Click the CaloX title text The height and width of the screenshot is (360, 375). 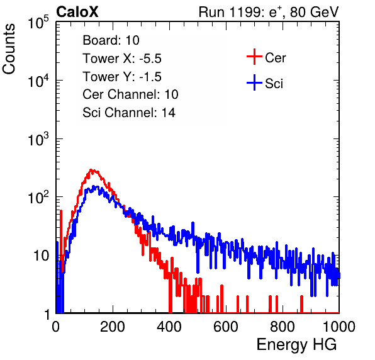(77, 12)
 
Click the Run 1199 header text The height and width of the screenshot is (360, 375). (269, 12)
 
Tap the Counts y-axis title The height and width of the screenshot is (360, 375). (9, 49)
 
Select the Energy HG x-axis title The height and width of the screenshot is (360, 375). (296, 344)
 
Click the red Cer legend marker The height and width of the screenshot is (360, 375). (254, 57)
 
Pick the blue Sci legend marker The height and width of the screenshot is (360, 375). (254, 83)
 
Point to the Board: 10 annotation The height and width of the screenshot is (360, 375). (111, 40)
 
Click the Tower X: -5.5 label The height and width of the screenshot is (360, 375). (122, 59)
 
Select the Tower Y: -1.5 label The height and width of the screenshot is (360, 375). (122, 77)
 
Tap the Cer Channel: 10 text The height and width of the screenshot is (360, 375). (130, 94)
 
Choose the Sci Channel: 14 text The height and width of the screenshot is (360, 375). (129, 112)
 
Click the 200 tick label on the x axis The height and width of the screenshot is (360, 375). (113, 327)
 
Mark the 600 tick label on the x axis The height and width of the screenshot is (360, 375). (226, 327)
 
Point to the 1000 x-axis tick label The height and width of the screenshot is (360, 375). (339, 327)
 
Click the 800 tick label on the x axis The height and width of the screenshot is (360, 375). (283, 327)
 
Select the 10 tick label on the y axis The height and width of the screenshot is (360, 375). (42, 256)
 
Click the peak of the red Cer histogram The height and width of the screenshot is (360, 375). (91, 169)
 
